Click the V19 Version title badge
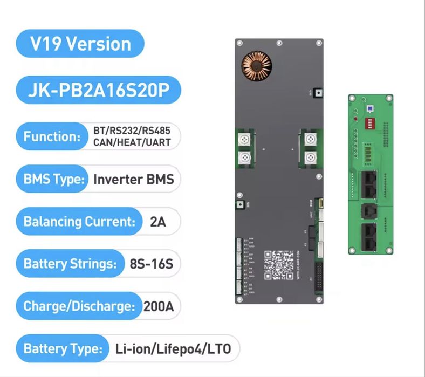click(x=80, y=44)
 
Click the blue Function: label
click(x=51, y=136)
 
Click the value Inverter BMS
click(x=134, y=179)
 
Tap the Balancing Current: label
click(x=79, y=222)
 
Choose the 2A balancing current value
click(x=157, y=222)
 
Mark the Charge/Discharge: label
click(x=79, y=307)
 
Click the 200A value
click(x=159, y=307)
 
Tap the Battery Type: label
click(x=62, y=349)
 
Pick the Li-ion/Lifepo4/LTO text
click(x=173, y=349)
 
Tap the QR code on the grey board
click(x=279, y=264)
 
